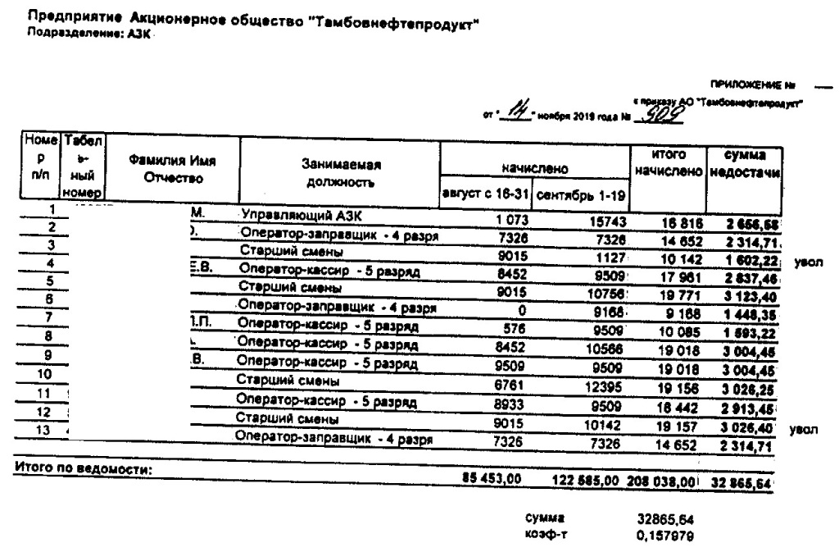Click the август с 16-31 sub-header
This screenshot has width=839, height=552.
click(487, 197)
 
